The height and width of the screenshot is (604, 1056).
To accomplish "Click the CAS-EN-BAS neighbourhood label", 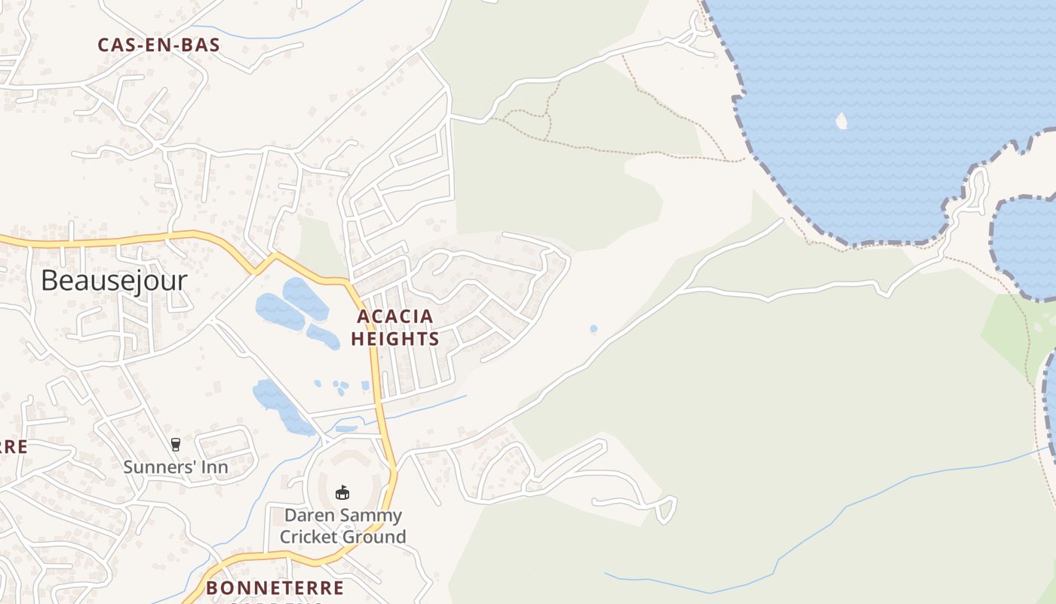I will pyautogui.click(x=158, y=45).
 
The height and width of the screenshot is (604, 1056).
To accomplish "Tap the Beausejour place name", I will pyautogui.click(x=114, y=280).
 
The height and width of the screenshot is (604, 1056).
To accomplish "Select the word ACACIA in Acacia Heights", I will pyautogui.click(x=395, y=316).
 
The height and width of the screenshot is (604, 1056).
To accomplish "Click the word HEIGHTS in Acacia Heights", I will pyautogui.click(x=395, y=339).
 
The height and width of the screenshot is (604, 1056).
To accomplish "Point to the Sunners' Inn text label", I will pyautogui.click(x=176, y=467).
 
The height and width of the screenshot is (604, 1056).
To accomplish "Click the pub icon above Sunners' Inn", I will pyautogui.click(x=176, y=445).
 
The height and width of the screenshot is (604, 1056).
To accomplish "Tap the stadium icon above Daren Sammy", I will pyautogui.click(x=342, y=492).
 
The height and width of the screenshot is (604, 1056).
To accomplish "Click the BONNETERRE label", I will pyautogui.click(x=275, y=587).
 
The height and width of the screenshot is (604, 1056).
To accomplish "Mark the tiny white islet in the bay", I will pyautogui.click(x=842, y=121).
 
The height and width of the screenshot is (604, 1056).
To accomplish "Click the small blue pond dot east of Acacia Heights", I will pyautogui.click(x=594, y=329).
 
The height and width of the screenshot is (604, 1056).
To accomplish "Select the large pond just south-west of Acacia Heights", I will pyautogui.click(x=281, y=310).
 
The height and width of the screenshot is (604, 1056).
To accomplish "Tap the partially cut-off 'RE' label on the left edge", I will pyautogui.click(x=14, y=446).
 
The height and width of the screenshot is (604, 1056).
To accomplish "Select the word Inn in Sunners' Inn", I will pyautogui.click(x=214, y=467).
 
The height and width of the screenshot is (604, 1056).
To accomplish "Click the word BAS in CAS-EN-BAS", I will pyautogui.click(x=199, y=45).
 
